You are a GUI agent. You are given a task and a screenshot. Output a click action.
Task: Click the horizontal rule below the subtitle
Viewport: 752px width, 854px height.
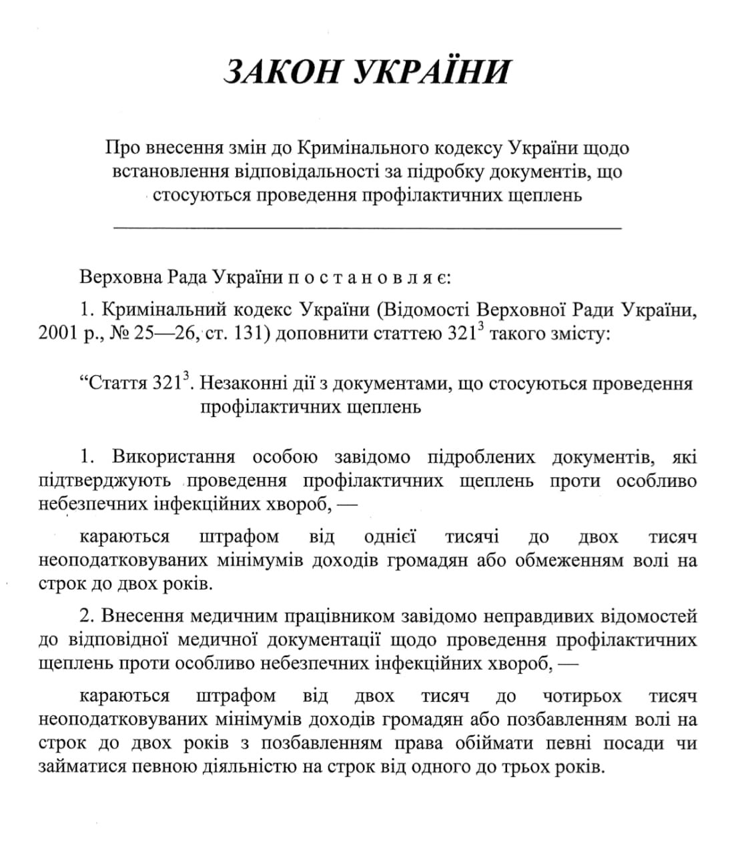368,228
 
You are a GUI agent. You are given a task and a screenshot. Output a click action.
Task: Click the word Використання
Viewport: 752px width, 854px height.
173,457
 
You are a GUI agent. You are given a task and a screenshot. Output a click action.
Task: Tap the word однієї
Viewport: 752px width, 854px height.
390,536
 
